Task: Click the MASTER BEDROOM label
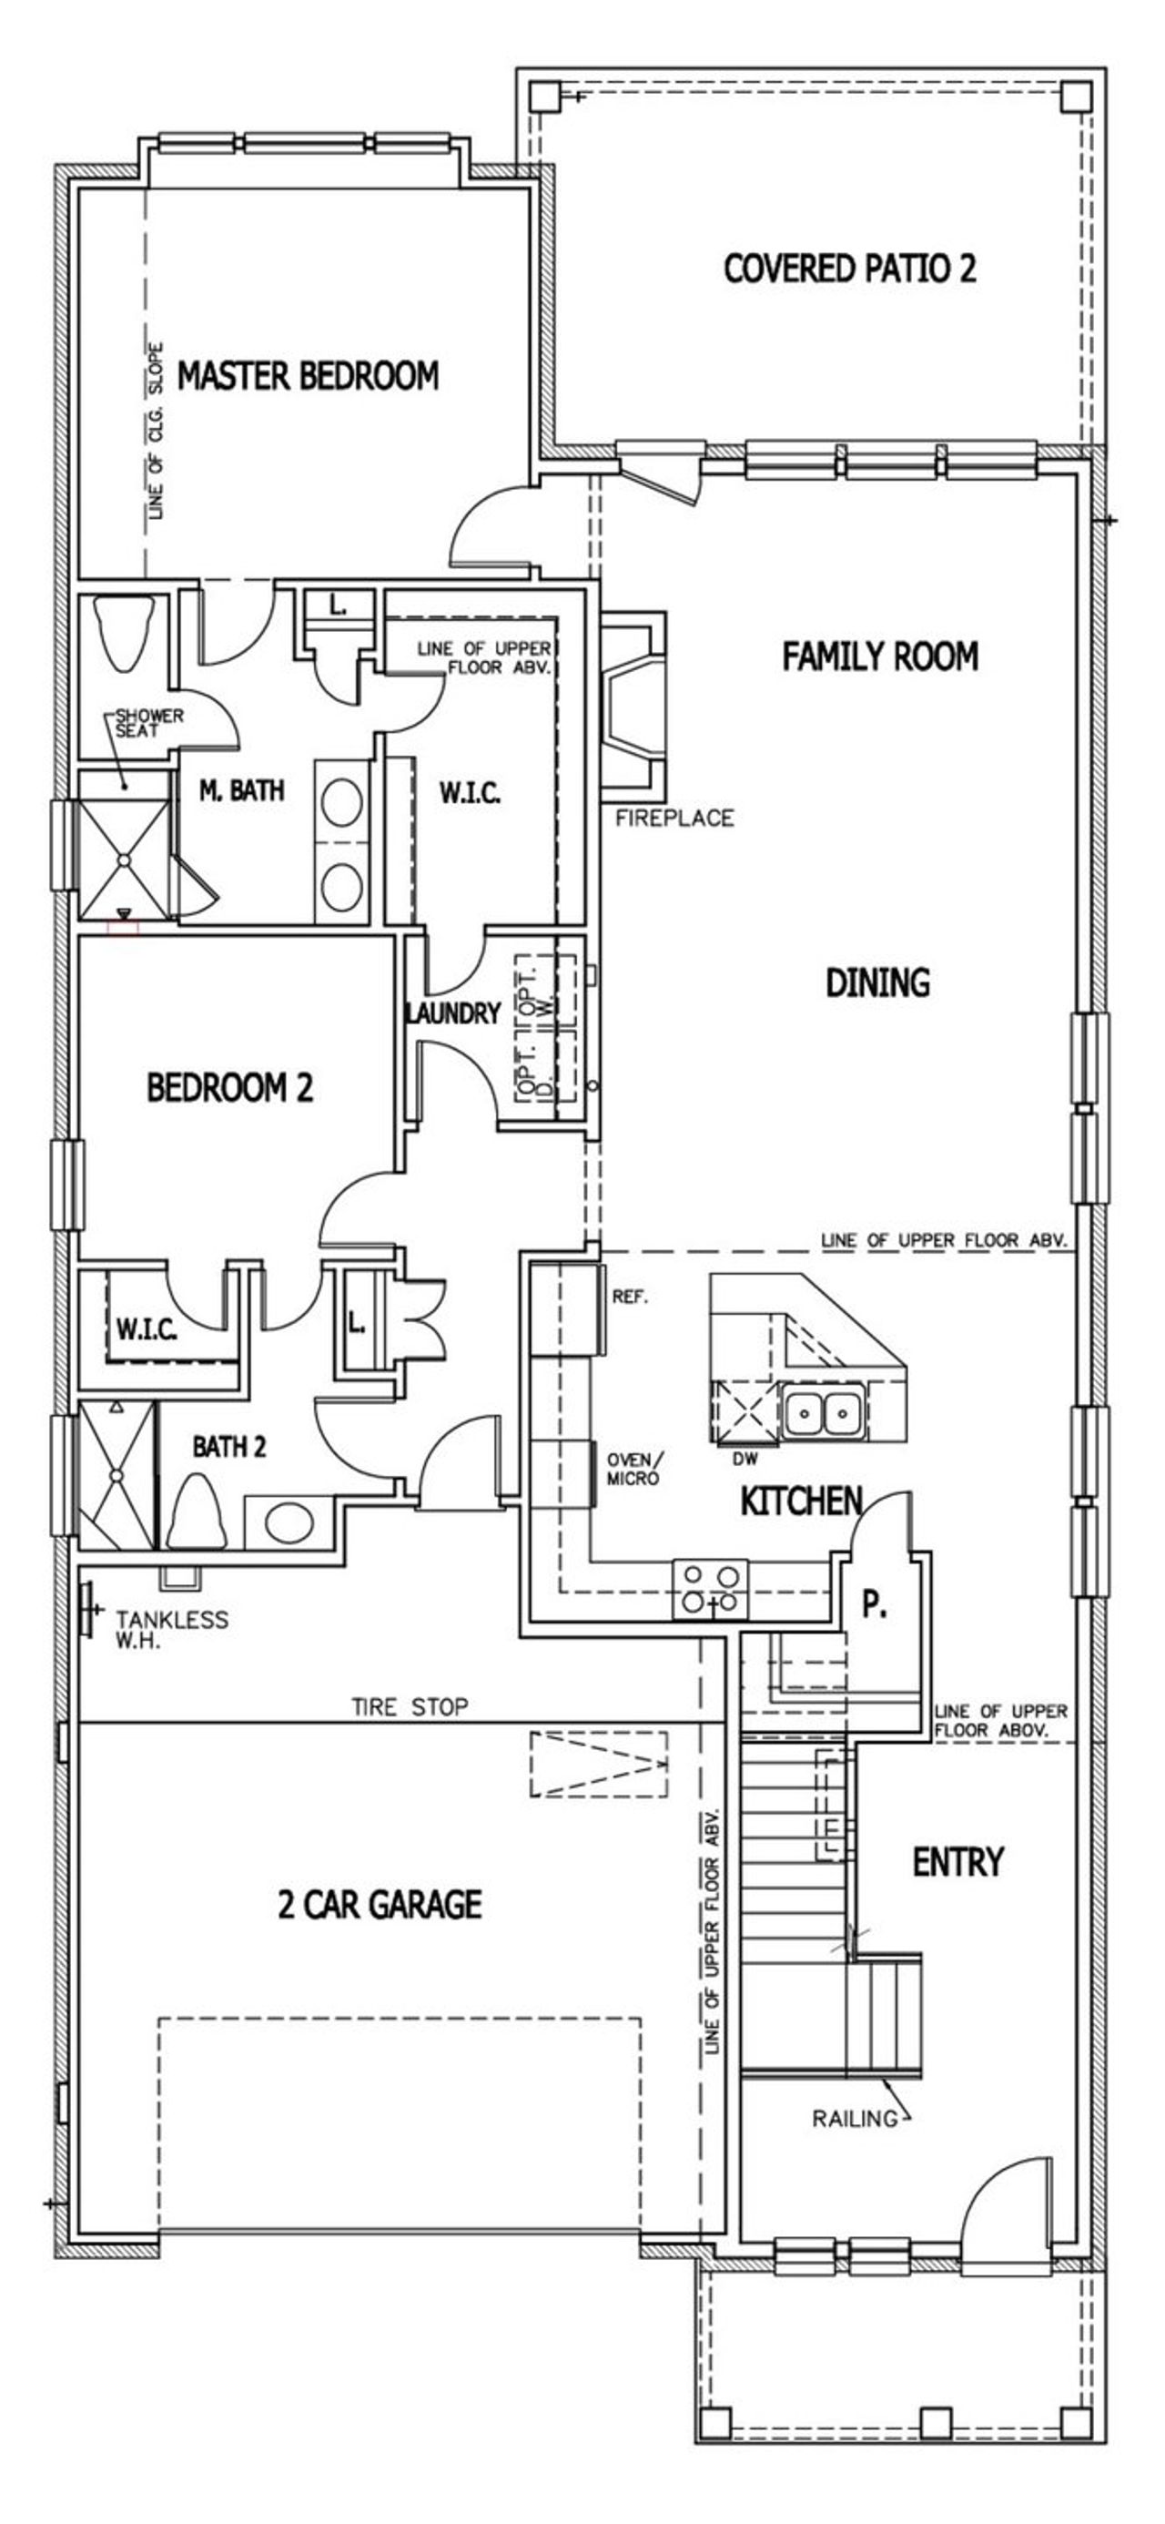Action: click(x=307, y=376)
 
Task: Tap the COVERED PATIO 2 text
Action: click(x=849, y=269)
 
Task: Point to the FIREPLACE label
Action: click(x=674, y=819)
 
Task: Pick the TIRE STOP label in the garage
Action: click(x=410, y=1707)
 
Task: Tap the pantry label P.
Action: click(x=874, y=1605)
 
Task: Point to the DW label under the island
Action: click(x=745, y=1459)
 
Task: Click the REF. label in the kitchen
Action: click(x=630, y=1297)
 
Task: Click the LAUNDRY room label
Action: click(x=452, y=1013)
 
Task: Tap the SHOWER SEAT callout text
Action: click(x=149, y=722)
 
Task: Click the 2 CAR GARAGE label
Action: click(x=380, y=1905)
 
